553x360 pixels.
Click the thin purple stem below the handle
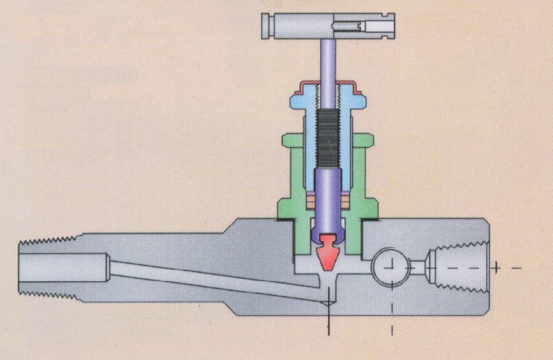pyautogui.click(x=327, y=63)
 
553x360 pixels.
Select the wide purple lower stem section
pyautogui.click(x=327, y=196)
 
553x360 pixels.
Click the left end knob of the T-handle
pyautogui.click(x=267, y=26)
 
